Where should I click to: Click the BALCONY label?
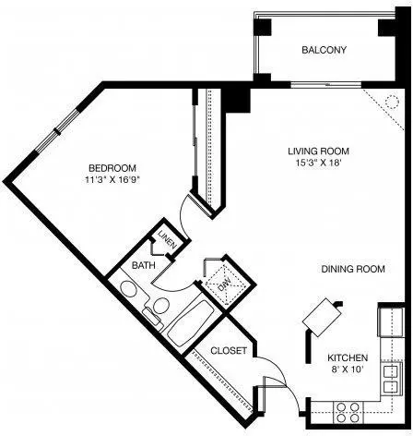pyautogui.click(x=324, y=50)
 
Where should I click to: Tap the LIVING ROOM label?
pyautogui.click(x=318, y=151)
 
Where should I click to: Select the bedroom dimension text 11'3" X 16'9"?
pyautogui.click(x=112, y=180)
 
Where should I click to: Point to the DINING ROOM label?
pyautogui.click(x=353, y=269)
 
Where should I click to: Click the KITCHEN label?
pyautogui.click(x=348, y=357)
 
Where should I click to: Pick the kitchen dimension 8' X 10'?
pyautogui.click(x=348, y=369)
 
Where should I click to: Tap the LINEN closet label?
pyautogui.click(x=167, y=239)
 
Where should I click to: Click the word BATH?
pyautogui.click(x=143, y=265)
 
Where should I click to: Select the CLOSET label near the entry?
pyautogui.click(x=229, y=350)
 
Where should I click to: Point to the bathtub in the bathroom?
pyautogui.click(x=191, y=322)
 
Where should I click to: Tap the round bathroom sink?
pyautogui.click(x=129, y=289)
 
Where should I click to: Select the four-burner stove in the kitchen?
pyautogui.click(x=348, y=413)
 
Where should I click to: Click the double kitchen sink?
pyautogui.click(x=392, y=379)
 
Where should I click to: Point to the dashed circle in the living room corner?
pyautogui.click(x=392, y=102)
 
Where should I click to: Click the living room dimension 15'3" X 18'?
pyautogui.click(x=318, y=163)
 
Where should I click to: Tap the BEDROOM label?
pyautogui.click(x=112, y=168)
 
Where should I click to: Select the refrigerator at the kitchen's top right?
pyautogui.click(x=391, y=321)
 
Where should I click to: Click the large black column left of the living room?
pyautogui.click(x=236, y=100)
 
